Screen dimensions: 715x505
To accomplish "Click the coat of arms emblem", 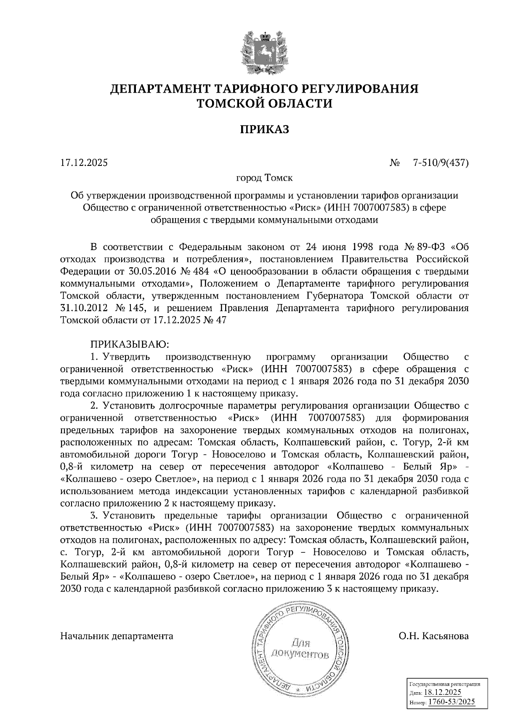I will tap(264, 52).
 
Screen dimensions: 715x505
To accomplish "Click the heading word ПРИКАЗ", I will tap(265, 130).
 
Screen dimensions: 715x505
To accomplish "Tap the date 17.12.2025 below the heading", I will tap(84, 163).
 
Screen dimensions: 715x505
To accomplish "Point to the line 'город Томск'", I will tap(264, 178).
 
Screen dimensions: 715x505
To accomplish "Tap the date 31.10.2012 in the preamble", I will tap(82, 308).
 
